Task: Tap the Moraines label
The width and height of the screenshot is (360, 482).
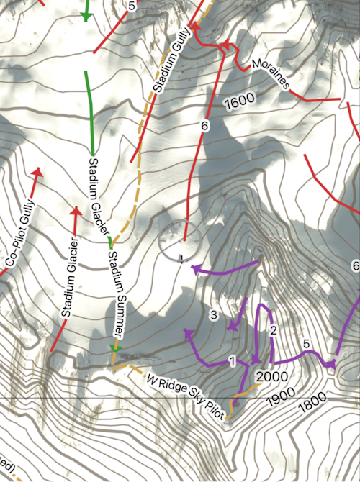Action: click(x=271, y=75)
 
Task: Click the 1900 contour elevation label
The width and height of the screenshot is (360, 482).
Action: click(x=284, y=395)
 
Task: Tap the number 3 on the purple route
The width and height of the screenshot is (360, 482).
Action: click(x=213, y=314)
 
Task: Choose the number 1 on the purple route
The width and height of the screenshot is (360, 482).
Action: click(x=232, y=360)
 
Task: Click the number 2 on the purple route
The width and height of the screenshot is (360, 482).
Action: click(x=273, y=331)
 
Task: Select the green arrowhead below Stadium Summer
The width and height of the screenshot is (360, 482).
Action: click(x=114, y=348)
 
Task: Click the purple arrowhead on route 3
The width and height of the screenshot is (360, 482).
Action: click(x=232, y=326)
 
